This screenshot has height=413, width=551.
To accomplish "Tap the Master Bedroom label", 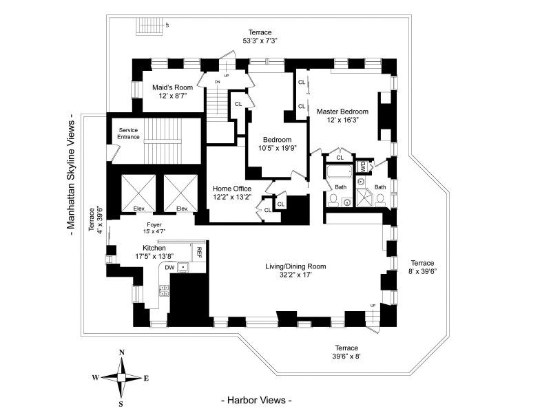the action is pos(342,111).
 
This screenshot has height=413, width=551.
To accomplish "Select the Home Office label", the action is pos(231,188).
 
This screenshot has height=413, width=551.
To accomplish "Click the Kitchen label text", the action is pos(155,248).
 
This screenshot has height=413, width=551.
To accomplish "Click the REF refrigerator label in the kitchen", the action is pos(199,251).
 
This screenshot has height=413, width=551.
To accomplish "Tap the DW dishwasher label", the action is pos(169,267).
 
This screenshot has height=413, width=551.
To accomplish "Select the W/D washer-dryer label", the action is pos(363,167).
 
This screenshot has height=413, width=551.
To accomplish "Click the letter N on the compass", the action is pos(122,352).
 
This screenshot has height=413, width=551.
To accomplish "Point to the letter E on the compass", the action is pos(146,378).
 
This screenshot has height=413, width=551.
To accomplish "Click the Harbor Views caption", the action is pos(256,400).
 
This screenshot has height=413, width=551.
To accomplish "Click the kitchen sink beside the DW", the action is pos(184,267).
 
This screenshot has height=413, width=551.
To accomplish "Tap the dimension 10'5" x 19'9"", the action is pos(273,148).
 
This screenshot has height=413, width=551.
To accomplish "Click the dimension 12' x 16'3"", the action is pos(342,120).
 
